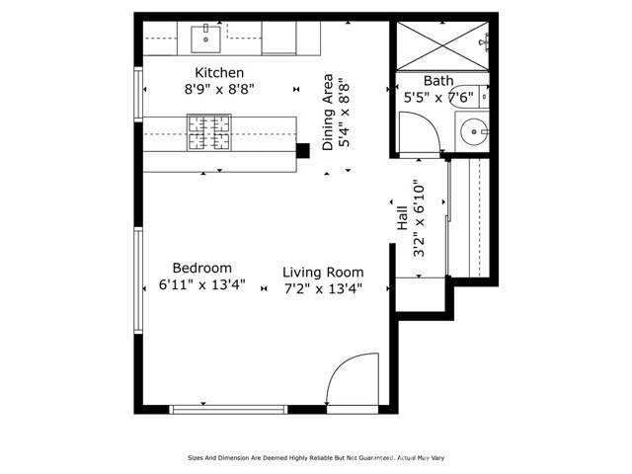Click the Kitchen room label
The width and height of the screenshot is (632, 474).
pos(218,73)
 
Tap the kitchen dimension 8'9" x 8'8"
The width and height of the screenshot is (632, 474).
pos(218,89)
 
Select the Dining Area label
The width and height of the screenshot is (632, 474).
pos(328,115)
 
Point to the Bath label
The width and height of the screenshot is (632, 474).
pos(438,81)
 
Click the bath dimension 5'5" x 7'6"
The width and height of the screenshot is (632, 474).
pos(438,98)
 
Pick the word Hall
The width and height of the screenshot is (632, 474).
pos(403,217)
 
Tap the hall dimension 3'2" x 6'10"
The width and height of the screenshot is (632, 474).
pos(419,219)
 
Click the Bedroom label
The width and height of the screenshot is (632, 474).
pos(201,268)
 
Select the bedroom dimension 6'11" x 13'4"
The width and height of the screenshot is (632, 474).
pos(201,284)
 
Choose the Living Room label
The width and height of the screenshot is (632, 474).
pos(323,273)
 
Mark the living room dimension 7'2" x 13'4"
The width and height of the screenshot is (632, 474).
pos(323,288)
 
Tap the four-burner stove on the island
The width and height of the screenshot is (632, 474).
pos(208,133)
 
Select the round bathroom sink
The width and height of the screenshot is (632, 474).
pos(475,129)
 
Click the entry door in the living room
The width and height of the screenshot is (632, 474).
pos(351,380)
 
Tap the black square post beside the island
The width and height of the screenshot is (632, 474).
pos(302,149)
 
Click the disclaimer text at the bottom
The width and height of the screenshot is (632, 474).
pos(316,458)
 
